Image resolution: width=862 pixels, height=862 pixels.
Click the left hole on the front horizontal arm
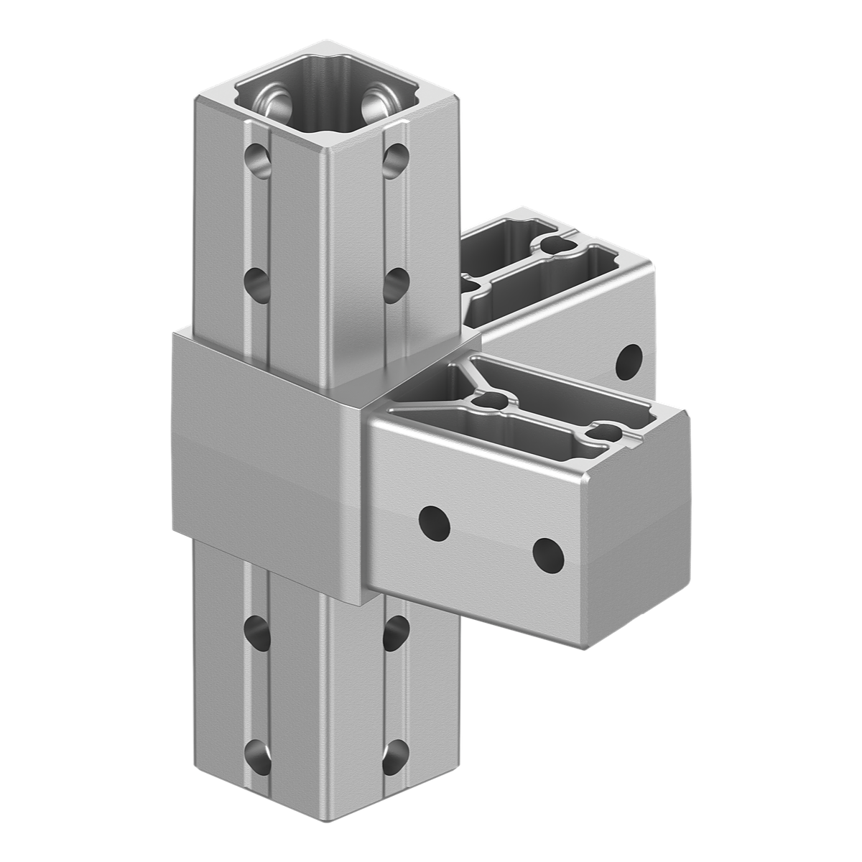tap(435, 522)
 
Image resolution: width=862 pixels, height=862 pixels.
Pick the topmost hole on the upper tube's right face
tap(394, 160)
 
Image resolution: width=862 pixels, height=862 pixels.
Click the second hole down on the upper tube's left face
tap(257, 282)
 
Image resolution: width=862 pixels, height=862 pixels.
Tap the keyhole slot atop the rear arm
tap(555, 244)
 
